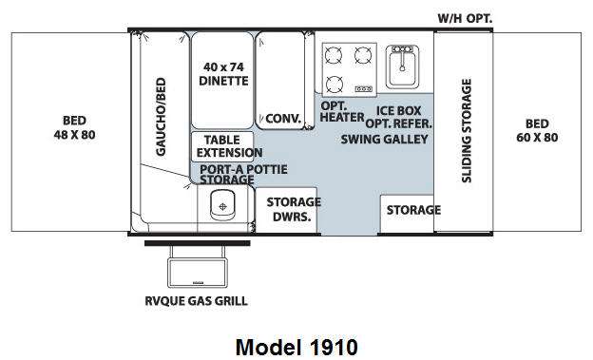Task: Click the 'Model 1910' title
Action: click(x=296, y=347)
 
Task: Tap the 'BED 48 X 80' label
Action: click(x=74, y=128)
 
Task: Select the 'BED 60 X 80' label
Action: click(x=537, y=130)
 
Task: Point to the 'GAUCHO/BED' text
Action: click(x=161, y=117)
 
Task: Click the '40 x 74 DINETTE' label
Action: click(x=223, y=74)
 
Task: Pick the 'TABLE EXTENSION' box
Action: click(x=222, y=146)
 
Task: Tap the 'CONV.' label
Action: click(x=283, y=119)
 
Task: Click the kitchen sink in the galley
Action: click(x=402, y=66)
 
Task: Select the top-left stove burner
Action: click(x=334, y=56)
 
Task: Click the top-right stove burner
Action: click(x=363, y=55)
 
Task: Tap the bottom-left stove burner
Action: click(x=335, y=84)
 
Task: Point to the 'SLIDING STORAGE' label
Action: click(x=467, y=130)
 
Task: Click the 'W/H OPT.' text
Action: click(x=465, y=18)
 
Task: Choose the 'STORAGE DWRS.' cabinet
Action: click(x=286, y=210)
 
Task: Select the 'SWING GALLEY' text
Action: click(x=384, y=140)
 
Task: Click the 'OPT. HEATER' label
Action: click(x=342, y=111)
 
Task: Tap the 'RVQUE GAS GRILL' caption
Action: click(x=197, y=301)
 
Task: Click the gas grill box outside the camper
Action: click(x=198, y=273)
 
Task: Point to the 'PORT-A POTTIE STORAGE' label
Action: click(x=243, y=175)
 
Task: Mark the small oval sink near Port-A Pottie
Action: click(x=222, y=205)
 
